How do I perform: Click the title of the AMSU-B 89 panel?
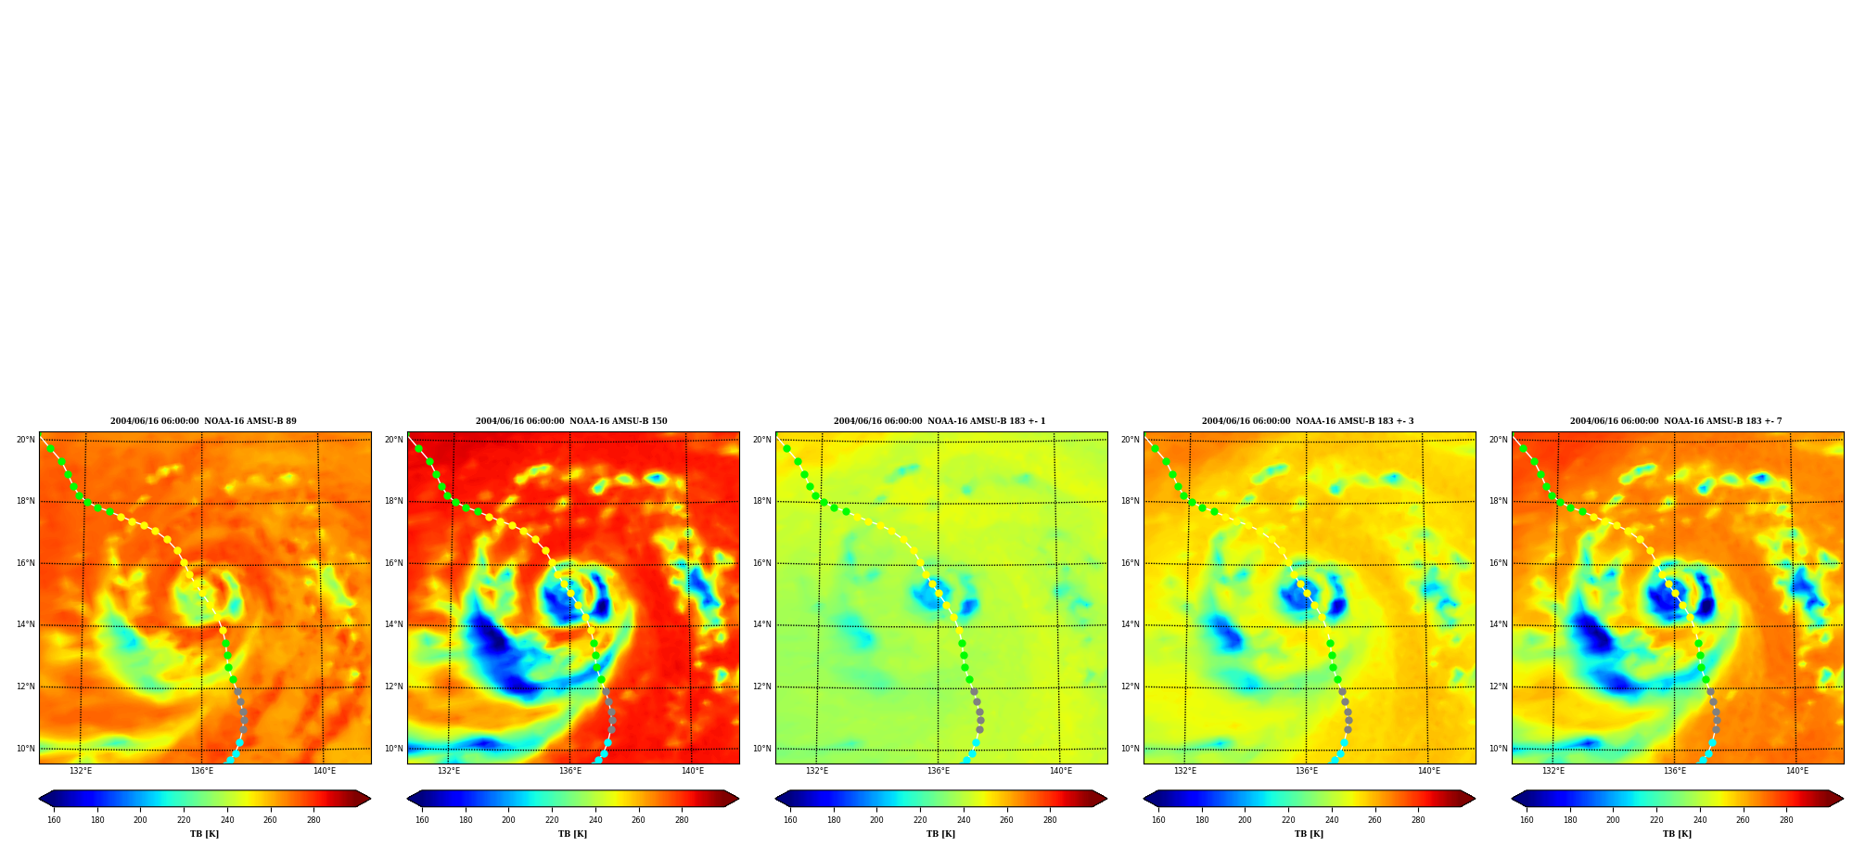click(203, 421)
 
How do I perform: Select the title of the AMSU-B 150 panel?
click(571, 421)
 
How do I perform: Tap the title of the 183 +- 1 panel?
click(939, 421)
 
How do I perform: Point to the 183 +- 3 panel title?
click(1308, 421)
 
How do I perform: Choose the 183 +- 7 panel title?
click(1676, 421)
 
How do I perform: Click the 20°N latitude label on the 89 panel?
click(26, 440)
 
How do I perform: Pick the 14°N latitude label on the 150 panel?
click(394, 624)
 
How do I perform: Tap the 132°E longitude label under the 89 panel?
click(81, 771)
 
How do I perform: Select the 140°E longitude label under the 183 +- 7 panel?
click(1797, 771)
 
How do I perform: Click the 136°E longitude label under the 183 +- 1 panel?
click(939, 771)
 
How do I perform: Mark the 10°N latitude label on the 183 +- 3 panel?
click(1131, 749)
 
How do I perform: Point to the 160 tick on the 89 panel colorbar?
click(54, 819)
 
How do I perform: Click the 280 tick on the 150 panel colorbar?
click(682, 819)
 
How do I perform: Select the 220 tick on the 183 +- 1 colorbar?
click(920, 819)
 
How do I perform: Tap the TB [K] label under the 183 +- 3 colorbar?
click(1309, 834)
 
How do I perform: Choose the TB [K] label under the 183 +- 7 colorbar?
click(1677, 834)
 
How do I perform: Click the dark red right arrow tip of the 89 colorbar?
click(370, 799)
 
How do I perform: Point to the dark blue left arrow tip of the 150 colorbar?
click(408, 799)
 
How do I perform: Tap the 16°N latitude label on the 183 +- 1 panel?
click(762, 563)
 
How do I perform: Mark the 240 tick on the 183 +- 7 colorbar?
click(1700, 819)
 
